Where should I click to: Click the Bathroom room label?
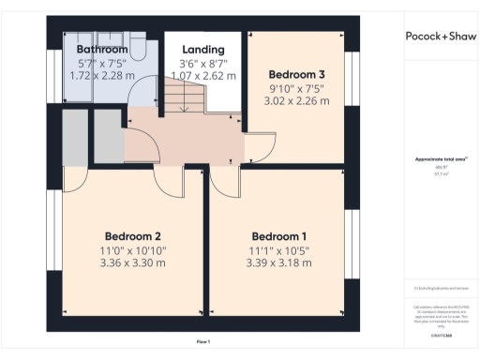coord(101,49)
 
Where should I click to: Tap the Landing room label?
coord(203,49)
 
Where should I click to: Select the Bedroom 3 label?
coord(297,74)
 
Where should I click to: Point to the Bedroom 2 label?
coord(133,236)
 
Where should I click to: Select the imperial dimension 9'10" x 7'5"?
coord(297,90)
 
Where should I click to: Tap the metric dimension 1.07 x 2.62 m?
coord(203,75)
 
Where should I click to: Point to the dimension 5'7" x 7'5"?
coord(101,62)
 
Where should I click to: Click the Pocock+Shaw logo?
coord(439,37)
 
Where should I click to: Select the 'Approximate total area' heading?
coord(439,159)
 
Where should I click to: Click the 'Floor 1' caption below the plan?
coord(203,340)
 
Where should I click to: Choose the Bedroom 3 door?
coord(259,145)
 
